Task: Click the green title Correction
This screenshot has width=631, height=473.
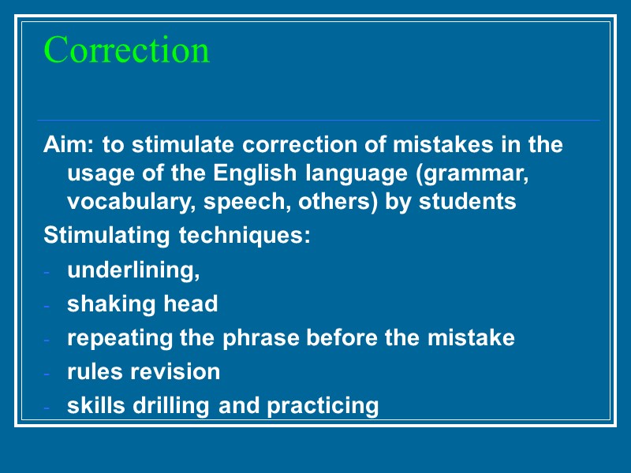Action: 127,50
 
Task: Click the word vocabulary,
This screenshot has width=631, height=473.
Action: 133,202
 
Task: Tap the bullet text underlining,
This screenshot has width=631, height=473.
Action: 133,270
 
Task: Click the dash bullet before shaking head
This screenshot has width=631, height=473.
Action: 47,305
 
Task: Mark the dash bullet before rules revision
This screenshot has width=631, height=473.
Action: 47,373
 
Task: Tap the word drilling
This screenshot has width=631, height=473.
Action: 174,406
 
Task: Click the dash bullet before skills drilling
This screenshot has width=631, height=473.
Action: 47,408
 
